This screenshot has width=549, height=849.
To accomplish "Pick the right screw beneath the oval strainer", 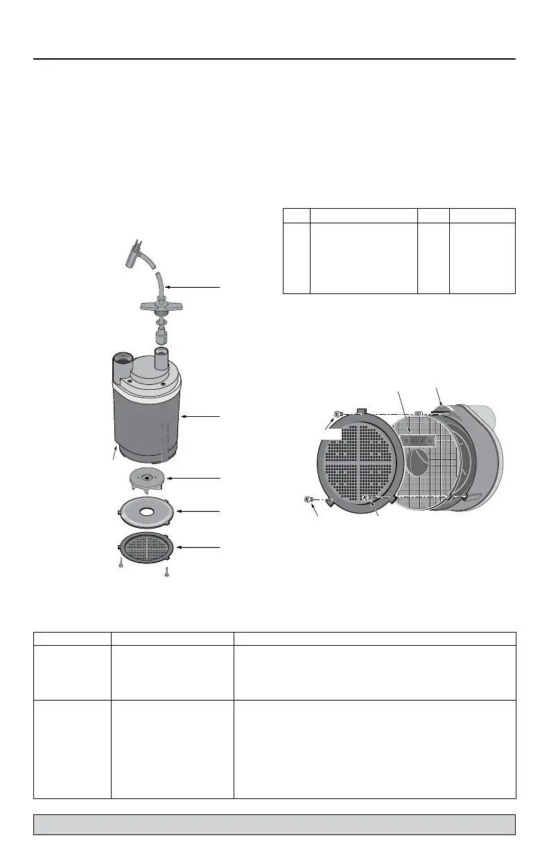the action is click(167, 572).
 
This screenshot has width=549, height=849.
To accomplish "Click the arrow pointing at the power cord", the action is click(194, 286).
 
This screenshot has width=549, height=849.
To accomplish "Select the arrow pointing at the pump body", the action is click(201, 416).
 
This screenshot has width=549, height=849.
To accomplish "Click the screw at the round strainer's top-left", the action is click(337, 413).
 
